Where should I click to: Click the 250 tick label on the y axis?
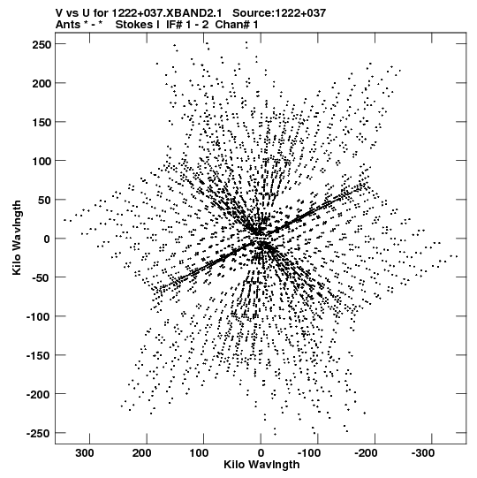pyautogui.click(x=42, y=44)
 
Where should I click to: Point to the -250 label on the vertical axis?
pyautogui.click(x=39, y=433)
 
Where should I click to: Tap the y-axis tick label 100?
pyautogui.click(x=42, y=161)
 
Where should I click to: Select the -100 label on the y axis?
pyautogui.click(x=39, y=316)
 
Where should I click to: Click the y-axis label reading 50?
pyautogui.click(x=45, y=200)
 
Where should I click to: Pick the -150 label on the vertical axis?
pyautogui.click(x=39, y=355)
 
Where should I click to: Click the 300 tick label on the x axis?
pyautogui.click(x=85, y=453)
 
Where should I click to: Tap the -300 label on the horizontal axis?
pyautogui.click(x=423, y=453)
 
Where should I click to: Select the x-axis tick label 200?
pyautogui.click(x=142, y=453)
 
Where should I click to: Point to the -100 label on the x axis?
pyautogui.click(x=309, y=453)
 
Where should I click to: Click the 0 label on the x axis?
pyautogui.click(x=261, y=453)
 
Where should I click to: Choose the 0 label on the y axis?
pyautogui.click(x=47, y=239)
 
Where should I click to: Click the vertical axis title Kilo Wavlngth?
pyautogui.click(x=17, y=238)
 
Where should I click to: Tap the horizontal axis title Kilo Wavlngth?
pyautogui.click(x=261, y=465)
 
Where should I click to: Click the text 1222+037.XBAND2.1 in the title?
pyautogui.click(x=167, y=12)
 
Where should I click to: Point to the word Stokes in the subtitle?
pyautogui.click(x=138, y=25)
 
